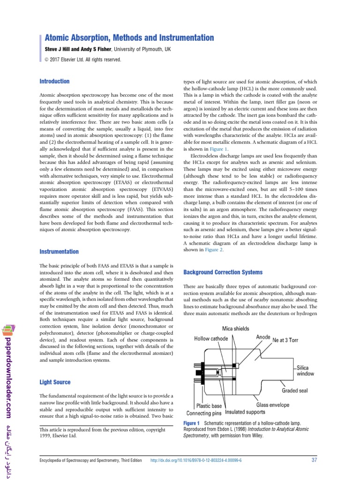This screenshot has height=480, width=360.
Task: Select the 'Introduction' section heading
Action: click(54, 82)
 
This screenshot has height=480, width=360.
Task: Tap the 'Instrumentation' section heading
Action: click(59, 252)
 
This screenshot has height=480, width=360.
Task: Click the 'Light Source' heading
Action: click(55, 382)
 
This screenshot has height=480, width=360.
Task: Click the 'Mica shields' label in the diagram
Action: click(235, 329)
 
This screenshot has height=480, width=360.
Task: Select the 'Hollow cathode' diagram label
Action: click(211, 338)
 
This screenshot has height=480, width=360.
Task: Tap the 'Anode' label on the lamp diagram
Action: click(263, 337)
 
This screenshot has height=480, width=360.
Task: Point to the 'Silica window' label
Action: click(305, 370)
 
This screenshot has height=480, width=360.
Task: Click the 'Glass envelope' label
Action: click(273, 405)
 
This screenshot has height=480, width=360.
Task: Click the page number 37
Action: click(314, 460)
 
